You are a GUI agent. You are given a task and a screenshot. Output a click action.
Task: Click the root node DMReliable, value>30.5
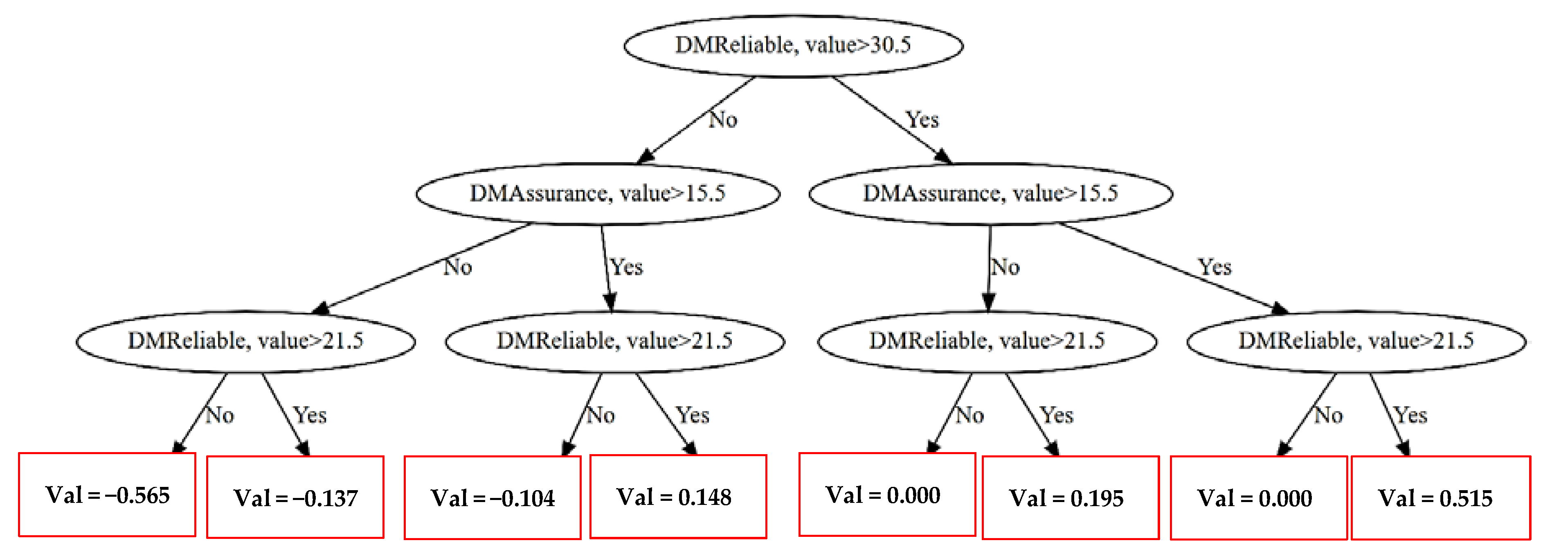793,45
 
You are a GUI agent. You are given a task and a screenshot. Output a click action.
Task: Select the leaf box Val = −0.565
107,494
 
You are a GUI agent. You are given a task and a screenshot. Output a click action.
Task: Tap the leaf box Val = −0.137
295,498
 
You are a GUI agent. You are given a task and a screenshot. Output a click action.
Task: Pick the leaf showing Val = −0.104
493,498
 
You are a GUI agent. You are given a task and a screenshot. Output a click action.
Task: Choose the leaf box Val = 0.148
678,496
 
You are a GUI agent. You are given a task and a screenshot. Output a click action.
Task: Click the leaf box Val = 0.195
1071,498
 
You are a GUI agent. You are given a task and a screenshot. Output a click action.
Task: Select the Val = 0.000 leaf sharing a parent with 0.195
887,494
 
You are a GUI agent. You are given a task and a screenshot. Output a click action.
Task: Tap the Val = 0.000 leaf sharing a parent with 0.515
1258,498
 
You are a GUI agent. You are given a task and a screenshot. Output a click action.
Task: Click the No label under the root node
723,120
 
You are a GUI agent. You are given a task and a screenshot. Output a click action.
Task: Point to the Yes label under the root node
922,120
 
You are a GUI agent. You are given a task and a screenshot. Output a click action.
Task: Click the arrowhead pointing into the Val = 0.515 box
1404,448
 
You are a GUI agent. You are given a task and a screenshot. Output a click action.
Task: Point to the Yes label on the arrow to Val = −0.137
310,415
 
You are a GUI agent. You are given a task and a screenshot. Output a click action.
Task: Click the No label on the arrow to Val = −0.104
600,415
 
